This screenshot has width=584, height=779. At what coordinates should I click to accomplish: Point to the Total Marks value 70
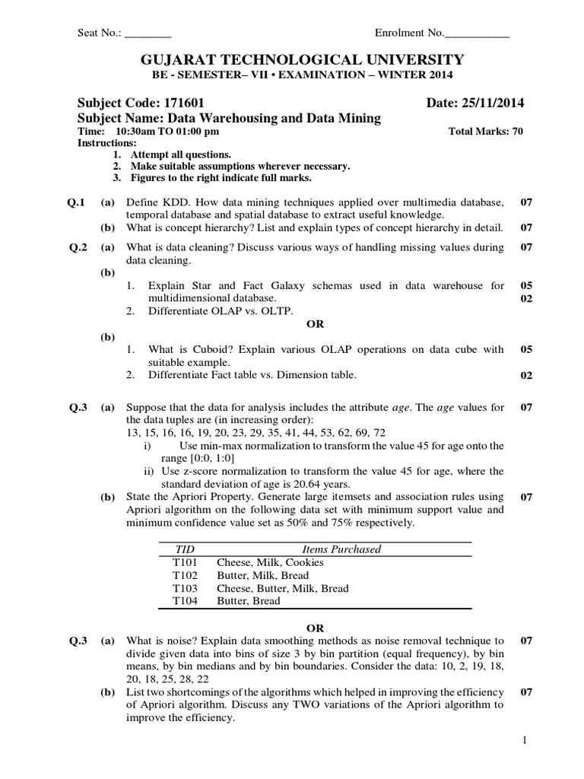coord(517,131)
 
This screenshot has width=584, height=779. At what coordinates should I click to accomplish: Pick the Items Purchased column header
coord(341,549)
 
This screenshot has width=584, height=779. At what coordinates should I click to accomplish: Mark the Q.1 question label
coord(76,202)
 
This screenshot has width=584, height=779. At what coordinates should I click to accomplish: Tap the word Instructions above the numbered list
coord(107,142)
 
